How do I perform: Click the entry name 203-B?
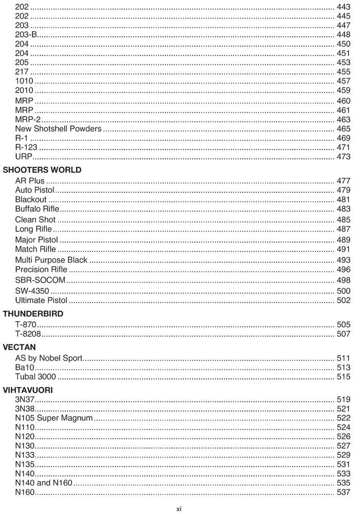pos(26,35)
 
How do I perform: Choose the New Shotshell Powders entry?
pos(58,128)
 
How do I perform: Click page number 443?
pos(343,7)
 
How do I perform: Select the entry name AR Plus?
pos(30,181)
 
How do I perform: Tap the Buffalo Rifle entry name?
pos(37,209)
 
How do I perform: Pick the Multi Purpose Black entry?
pos(51,260)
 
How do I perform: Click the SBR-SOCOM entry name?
pos(40,280)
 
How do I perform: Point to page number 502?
pos(343,300)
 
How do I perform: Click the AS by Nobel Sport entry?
pos(49,358)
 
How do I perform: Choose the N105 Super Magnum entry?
pos(54,418)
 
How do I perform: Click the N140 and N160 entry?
pos(44,483)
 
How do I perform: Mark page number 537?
pos(343,493)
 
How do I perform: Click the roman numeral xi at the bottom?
pos(179,509)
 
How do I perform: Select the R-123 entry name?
pos(26,148)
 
